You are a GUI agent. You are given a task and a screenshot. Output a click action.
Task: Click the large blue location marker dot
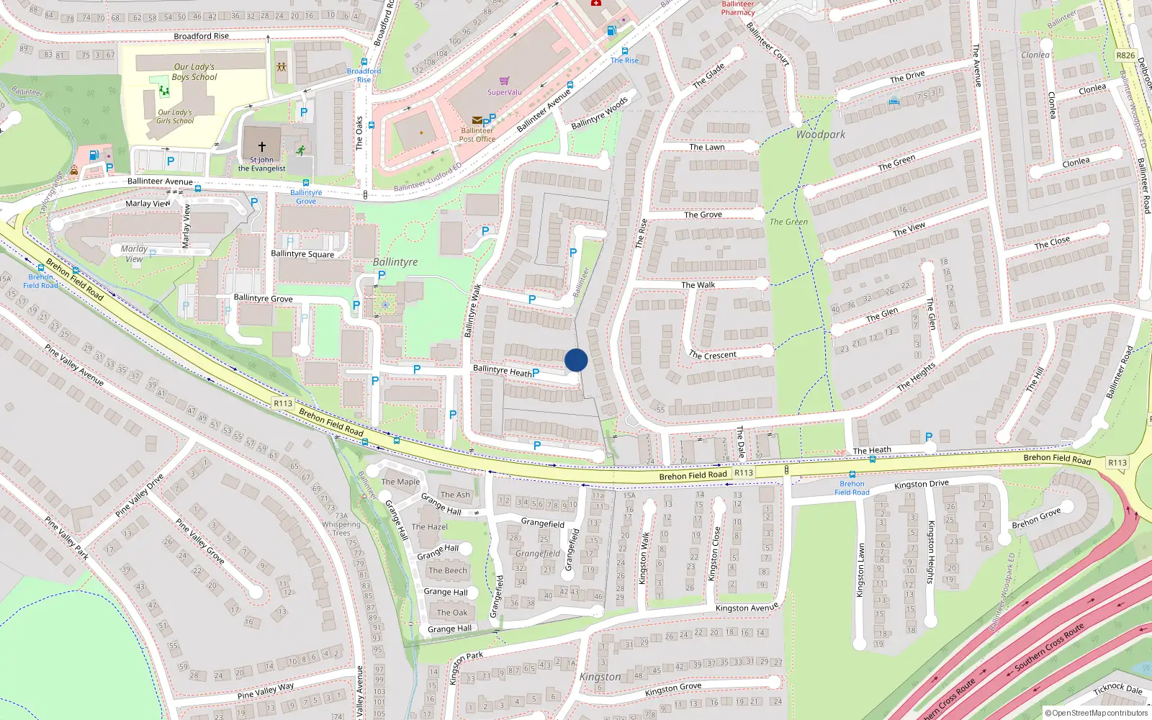click(576, 360)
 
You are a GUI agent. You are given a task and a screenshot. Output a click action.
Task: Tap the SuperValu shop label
click(504, 92)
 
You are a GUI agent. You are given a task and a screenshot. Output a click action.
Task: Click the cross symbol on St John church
click(262, 146)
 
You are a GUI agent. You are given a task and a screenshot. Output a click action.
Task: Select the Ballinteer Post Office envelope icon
click(477, 120)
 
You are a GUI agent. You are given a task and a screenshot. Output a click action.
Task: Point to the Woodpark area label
click(821, 135)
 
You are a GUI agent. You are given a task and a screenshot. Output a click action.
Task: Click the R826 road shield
click(1125, 55)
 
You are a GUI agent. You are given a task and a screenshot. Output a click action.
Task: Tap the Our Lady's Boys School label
click(194, 72)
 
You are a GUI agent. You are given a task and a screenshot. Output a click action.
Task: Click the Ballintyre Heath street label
click(502, 371)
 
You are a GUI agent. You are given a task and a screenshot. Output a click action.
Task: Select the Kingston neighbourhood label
click(600, 677)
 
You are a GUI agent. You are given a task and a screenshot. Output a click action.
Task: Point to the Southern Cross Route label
click(1049, 647)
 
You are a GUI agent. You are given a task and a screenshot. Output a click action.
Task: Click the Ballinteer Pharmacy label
click(738, 8)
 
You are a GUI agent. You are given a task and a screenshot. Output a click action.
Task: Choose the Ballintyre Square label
click(302, 254)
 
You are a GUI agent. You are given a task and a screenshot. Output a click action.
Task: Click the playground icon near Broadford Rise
click(282, 67)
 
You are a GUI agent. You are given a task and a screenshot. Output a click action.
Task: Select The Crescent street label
click(712, 355)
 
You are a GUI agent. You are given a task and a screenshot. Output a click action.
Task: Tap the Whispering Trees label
click(341, 525)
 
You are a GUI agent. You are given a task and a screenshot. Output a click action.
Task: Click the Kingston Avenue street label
click(747, 608)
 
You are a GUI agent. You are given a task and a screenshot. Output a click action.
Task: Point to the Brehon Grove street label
click(1036, 518)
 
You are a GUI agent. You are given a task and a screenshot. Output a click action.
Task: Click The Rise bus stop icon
click(624, 51)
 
